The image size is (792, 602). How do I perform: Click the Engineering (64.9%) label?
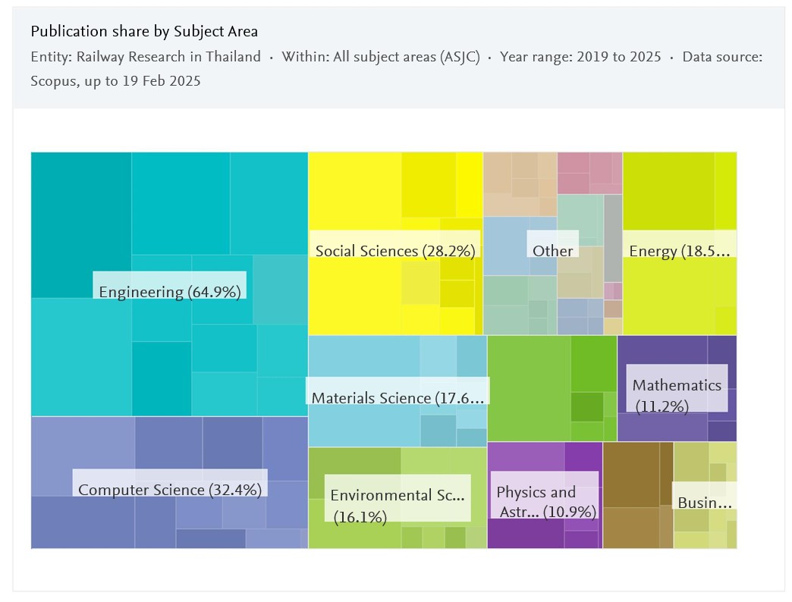(x=170, y=292)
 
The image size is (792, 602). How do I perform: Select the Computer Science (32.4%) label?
(x=170, y=490)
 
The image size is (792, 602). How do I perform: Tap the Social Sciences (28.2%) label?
(x=394, y=251)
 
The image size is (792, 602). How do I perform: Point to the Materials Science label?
(x=398, y=397)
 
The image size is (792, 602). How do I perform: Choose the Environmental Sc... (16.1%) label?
(x=397, y=505)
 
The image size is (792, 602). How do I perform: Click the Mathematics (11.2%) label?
(x=677, y=395)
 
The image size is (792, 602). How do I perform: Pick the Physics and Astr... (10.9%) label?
(x=545, y=502)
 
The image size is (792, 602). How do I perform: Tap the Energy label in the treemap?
(x=679, y=251)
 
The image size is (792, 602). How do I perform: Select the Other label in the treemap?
(x=552, y=250)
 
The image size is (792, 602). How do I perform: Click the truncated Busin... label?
(x=705, y=502)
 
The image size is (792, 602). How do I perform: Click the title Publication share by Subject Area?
(x=144, y=31)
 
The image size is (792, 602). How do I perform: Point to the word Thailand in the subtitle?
(x=233, y=57)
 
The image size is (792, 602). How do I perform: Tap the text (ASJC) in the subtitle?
(x=460, y=57)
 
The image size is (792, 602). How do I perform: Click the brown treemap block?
(x=637, y=494)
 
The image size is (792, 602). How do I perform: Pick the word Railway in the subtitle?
(x=101, y=57)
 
